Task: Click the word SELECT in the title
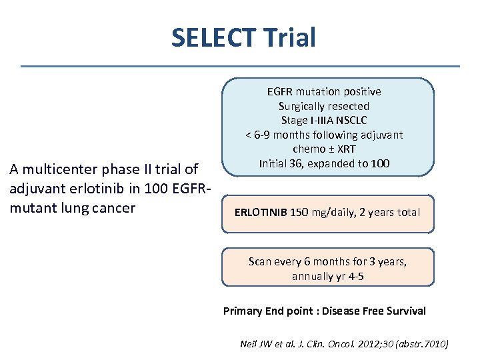pos(209,37)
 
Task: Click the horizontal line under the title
pos(240,66)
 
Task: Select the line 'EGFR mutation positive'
pos(324,91)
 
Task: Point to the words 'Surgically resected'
pos(324,106)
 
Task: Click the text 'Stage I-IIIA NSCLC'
pos(324,120)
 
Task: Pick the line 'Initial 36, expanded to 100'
pos(324,163)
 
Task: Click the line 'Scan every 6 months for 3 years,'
pos(327,261)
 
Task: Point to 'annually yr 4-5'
pos(327,276)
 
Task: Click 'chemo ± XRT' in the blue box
pos(324,149)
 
